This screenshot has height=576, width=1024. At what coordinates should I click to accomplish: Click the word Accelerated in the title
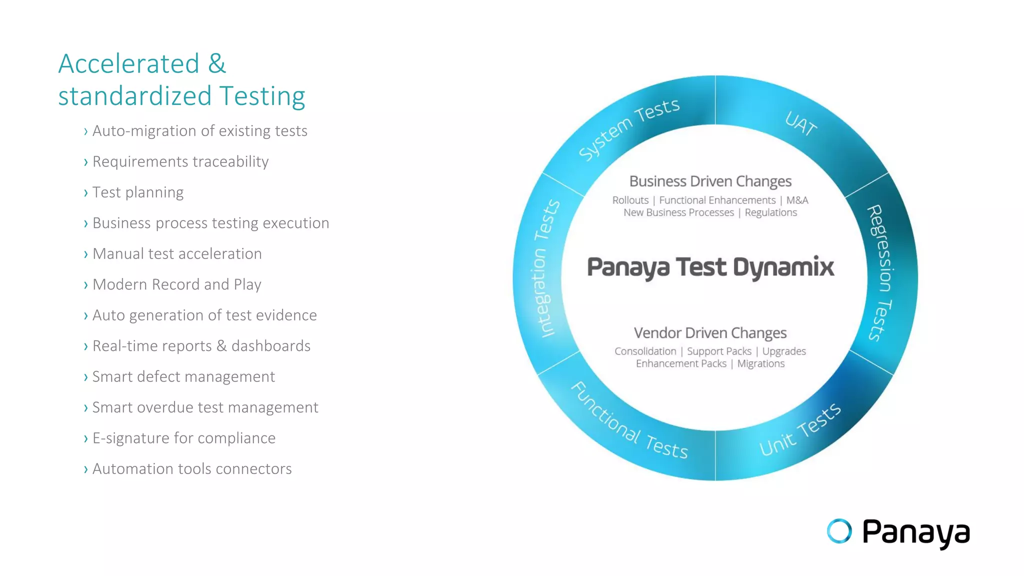pos(129,64)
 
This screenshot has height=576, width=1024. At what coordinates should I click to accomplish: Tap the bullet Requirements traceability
pos(180,161)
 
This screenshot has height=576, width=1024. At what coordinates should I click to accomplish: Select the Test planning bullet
pos(138,192)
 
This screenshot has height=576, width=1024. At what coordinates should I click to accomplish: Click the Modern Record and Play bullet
pos(177,284)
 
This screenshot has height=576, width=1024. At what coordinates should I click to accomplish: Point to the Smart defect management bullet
pos(183,376)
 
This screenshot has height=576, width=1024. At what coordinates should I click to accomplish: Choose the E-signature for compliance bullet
pos(184,438)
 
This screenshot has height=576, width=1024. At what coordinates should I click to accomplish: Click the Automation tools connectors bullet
pos(192,469)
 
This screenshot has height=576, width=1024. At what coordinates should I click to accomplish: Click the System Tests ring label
pos(629,128)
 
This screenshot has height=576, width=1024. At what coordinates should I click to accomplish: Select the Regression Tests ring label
pos(880,273)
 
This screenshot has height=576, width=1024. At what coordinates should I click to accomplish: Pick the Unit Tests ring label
pos(800,429)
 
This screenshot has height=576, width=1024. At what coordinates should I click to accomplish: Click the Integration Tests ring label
pos(544,268)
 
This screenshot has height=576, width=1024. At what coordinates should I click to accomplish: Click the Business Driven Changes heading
pos(710,181)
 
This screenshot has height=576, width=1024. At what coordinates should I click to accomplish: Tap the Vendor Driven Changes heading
pos(710,333)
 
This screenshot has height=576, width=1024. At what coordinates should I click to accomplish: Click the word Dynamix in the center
pos(783,267)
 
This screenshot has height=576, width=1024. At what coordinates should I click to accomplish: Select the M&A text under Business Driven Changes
pos(797,200)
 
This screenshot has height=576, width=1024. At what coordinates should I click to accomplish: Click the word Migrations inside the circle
pos(761,364)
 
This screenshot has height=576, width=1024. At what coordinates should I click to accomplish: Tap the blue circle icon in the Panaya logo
pos(839,531)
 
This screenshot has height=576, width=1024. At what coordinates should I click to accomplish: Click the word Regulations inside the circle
pos(770,213)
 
